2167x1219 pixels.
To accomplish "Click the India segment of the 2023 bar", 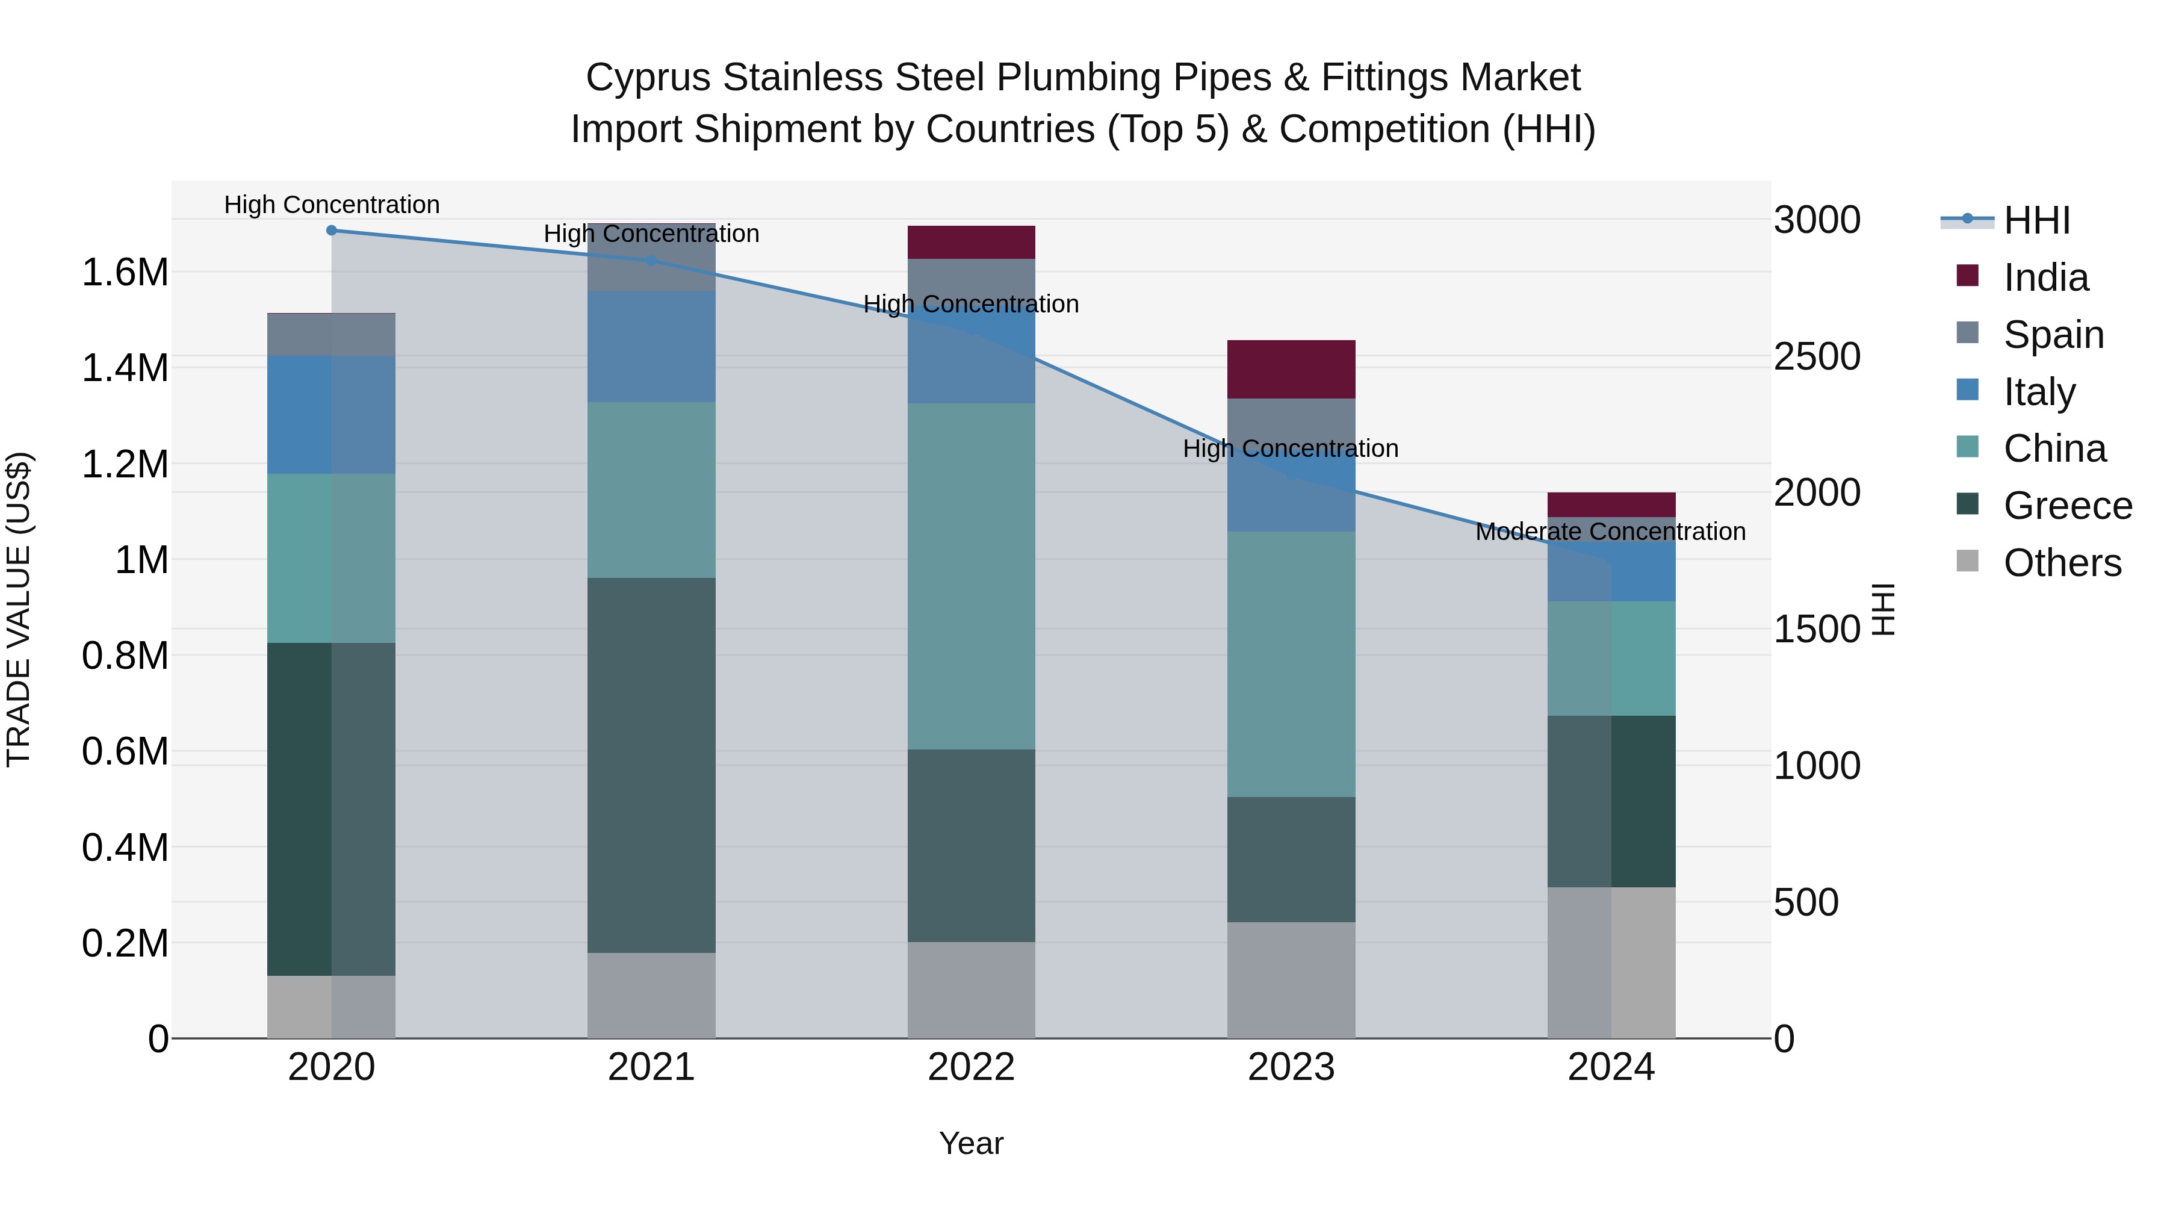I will pos(1291,370).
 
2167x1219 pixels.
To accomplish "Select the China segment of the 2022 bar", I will pos(971,576).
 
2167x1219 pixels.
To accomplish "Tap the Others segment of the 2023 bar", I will pos(1291,980).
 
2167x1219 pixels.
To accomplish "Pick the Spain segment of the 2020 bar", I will pos(330,335).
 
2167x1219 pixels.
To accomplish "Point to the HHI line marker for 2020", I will pos(332,231).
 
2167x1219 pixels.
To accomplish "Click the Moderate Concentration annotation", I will pos(1610,532).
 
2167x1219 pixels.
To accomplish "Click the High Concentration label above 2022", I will pos(971,304).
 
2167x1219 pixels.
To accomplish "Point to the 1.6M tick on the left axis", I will pos(125,273).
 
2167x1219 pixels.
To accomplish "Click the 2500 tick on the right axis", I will pos(1817,357).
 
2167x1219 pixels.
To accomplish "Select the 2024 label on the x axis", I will pos(1610,1067).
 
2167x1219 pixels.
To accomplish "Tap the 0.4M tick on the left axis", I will pos(125,847).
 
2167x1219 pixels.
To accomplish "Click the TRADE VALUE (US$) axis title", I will pos(19,609).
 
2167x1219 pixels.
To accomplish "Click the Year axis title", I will pos(971,1143).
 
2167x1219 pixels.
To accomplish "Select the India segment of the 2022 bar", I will pos(971,242).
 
